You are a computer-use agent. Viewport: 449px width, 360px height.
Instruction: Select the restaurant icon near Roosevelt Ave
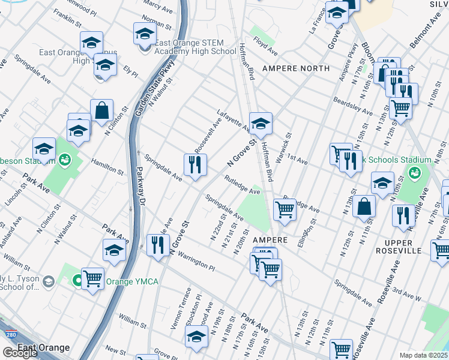tap(195, 166)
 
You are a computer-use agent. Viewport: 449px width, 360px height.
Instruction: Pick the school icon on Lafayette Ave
tap(261, 124)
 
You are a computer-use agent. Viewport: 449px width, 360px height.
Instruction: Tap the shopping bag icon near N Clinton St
tap(102, 111)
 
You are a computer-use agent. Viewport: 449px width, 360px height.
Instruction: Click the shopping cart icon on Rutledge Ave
tap(285, 211)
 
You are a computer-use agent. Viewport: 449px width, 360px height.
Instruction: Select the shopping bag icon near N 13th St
tap(364, 206)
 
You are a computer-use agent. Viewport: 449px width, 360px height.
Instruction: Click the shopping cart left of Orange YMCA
tap(92, 279)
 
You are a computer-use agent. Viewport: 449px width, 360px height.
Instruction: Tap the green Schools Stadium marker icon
tap(414, 173)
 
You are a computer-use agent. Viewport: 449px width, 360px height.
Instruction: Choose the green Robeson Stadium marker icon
tap(64, 160)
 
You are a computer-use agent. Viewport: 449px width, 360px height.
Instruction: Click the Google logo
tap(20, 353)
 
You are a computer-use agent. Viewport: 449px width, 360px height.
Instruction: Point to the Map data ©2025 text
tap(424, 355)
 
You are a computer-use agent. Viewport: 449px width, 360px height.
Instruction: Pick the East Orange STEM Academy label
tap(195, 47)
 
